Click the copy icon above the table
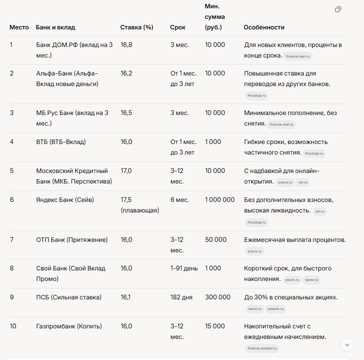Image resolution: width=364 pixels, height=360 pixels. [x=338, y=9]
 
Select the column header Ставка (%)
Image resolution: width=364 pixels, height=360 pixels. [x=137, y=27]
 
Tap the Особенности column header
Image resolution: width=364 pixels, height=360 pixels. [x=264, y=27]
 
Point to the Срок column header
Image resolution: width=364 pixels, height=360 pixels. [x=178, y=27]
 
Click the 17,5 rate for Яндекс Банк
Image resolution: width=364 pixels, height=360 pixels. [x=126, y=200]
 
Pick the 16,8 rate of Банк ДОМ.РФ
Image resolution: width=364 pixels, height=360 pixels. [x=126, y=45]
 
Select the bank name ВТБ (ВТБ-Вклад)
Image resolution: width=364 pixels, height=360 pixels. [x=61, y=142]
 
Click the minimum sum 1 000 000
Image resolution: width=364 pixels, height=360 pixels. [x=220, y=200]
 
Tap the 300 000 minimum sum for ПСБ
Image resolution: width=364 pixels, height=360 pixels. [x=218, y=297]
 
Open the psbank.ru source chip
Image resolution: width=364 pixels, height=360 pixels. [x=276, y=309]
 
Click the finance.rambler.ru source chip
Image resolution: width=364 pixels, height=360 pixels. [x=262, y=349]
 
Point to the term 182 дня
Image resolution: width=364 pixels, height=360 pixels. [x=181, y=297]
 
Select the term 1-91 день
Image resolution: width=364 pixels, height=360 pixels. [x=184, y=268]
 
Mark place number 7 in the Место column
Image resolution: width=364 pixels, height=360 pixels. [x=12, y=240]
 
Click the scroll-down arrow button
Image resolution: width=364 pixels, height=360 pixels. [x=347, y=345]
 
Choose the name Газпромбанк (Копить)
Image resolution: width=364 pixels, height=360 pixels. [x=69, y=326]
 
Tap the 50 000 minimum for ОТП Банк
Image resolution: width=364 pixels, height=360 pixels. [x=216, y=240]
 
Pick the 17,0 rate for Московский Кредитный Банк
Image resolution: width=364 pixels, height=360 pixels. [x=126, y=171]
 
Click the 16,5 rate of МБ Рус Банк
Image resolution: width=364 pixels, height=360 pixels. [x=126, y=113]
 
